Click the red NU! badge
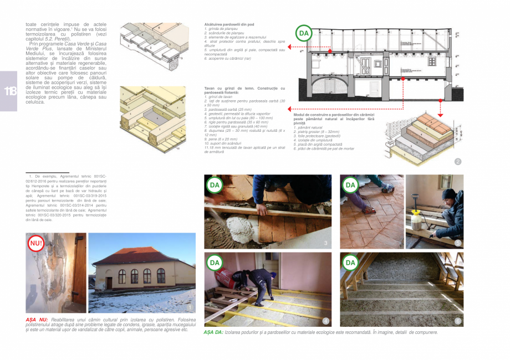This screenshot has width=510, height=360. [35, 243]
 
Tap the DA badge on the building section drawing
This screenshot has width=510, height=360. [303, 34]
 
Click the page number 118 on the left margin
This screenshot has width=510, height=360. [9, 91]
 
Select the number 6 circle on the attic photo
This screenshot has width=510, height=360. [457, 321]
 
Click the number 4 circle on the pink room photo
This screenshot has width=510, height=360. [325, 321]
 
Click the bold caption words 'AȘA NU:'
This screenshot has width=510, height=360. [37, 320]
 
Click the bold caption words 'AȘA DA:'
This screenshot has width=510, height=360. [213, 332]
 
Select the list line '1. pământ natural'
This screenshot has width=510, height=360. [307, 128]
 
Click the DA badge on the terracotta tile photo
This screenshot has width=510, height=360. [350, 185]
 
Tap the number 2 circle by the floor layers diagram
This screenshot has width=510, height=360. [457, 162]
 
